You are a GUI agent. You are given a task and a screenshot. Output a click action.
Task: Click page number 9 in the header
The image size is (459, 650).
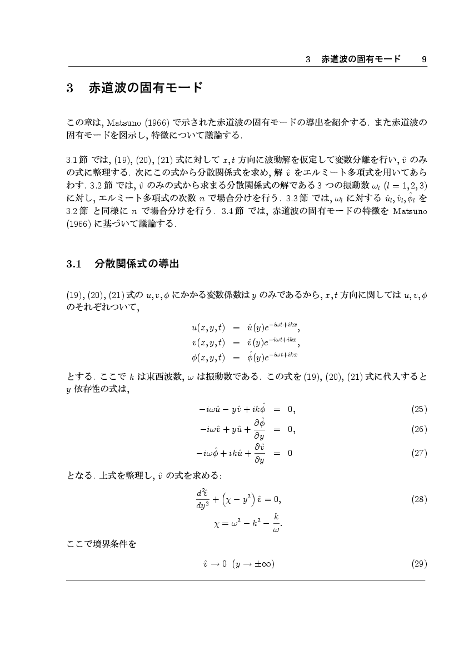tap(424, 59)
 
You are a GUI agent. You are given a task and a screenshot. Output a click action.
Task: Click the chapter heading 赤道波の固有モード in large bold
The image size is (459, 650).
tap(145, 88)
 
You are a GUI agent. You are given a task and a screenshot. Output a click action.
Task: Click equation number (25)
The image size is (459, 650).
tap(418, 410)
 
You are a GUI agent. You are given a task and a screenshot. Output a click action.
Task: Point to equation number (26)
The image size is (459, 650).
tap(418, 429)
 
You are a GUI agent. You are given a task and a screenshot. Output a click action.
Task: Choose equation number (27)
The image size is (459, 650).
tap(418, 453)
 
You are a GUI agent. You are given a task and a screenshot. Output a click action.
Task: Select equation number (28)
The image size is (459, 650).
tap(418, 499)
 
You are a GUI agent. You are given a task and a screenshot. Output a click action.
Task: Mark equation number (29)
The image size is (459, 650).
tap(418, 564)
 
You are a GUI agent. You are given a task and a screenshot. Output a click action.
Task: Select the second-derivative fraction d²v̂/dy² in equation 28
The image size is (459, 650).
tap(202, 499)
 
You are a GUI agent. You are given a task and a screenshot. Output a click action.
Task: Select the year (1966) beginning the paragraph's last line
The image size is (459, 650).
tap(77, 224)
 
